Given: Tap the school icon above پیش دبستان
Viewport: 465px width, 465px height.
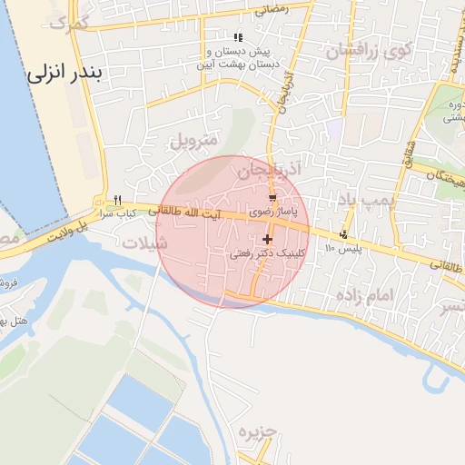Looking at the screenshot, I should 238,37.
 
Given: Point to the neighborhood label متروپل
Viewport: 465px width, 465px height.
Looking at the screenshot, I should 193,141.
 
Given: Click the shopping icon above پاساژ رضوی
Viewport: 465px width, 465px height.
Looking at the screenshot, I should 272,197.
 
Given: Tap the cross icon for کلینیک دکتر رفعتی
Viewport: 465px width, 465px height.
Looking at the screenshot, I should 266,240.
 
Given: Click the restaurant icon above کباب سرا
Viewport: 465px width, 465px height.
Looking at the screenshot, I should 117,201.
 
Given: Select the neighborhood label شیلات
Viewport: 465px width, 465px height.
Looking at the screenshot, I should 150,242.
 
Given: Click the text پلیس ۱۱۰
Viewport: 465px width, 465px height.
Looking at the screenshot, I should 343,248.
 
